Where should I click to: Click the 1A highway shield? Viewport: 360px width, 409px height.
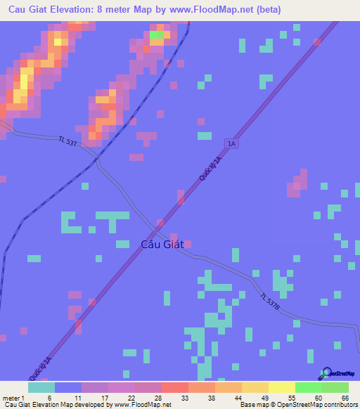[x=232, y=143]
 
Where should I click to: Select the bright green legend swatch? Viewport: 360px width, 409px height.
[x=308, y=387]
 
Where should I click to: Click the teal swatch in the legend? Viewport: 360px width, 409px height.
[x=41, y=387]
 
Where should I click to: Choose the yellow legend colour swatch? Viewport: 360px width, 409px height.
[x=281, y=387]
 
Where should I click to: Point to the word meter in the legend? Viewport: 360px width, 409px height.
[x=11, y=398]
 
